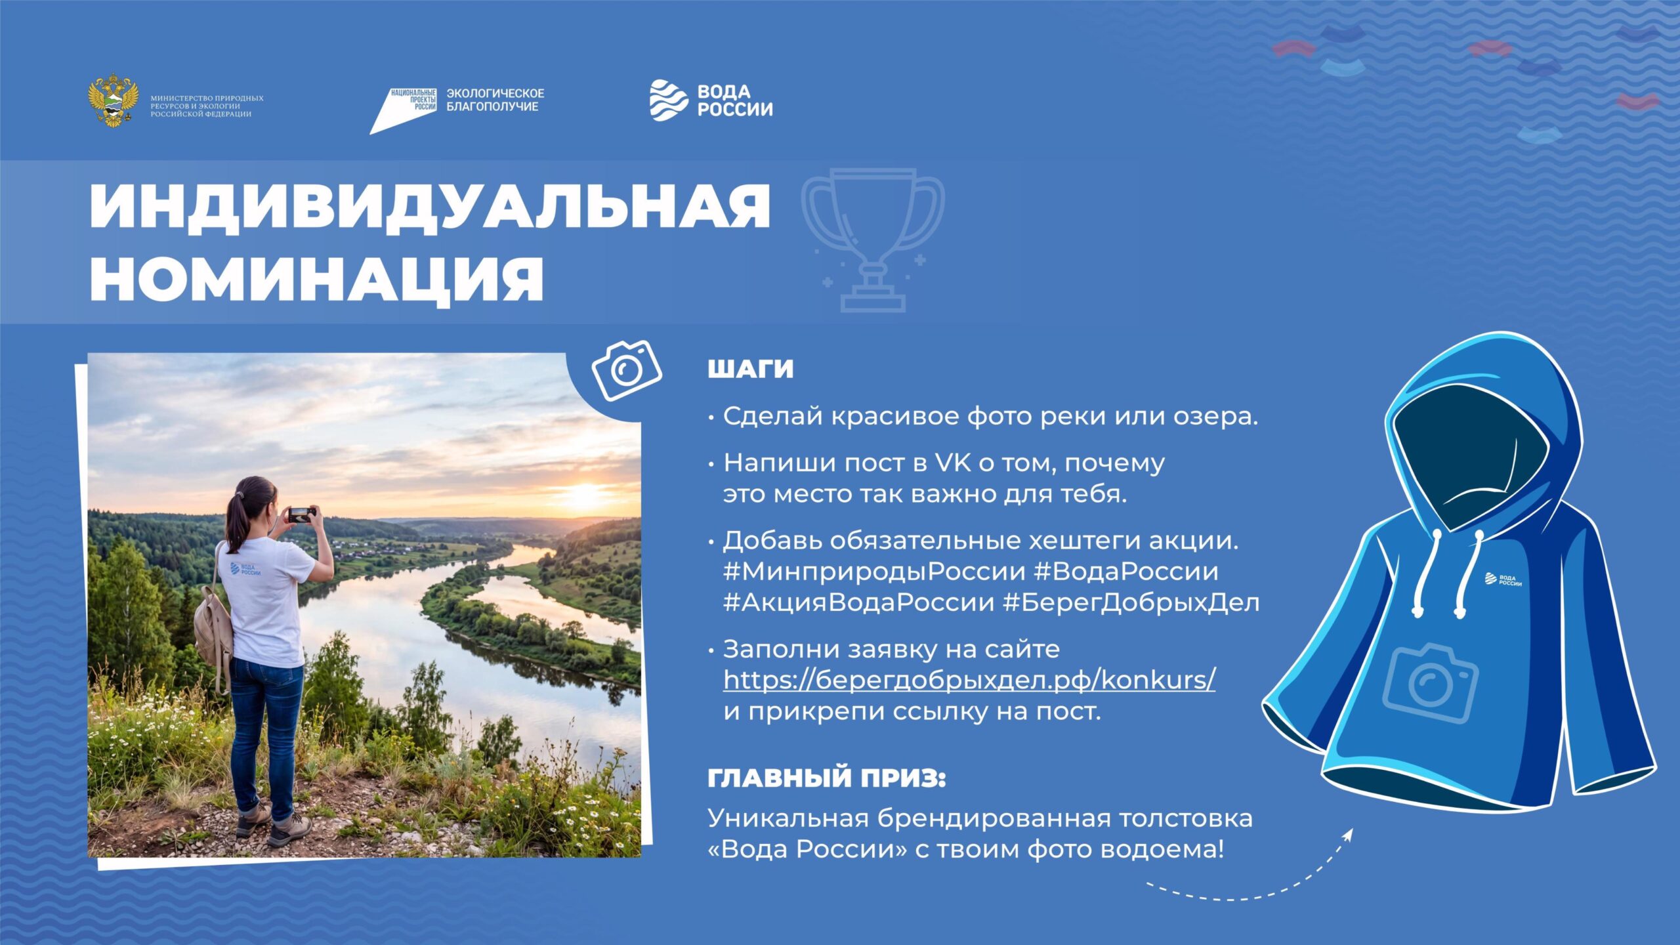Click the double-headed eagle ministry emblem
click(x=113, y=100)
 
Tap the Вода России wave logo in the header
click(x=669, y=100)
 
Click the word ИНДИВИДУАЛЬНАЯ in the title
click(x=430, y=207)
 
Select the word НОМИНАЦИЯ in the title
click(x=317, y=278)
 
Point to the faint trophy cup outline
click(x=873, y=240)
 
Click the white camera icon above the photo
click(x=627, y=370)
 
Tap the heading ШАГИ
click(x=750, y=369)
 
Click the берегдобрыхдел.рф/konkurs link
click(x=969, y=679)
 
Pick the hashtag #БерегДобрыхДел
click(x=1131, y=602)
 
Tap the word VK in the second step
click(x=952, y=463)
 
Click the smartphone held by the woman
click(x=301, y=514)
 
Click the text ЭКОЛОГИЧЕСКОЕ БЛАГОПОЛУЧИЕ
click(x=495, y=100)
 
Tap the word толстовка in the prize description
click(x=1185, y=818)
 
